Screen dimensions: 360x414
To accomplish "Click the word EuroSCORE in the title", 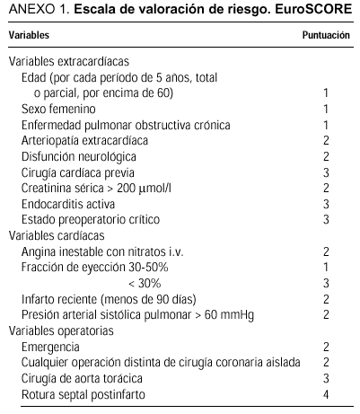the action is (316, 13).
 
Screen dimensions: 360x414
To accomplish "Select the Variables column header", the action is (29, 36).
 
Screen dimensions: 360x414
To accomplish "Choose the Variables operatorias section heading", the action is (62, 330).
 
